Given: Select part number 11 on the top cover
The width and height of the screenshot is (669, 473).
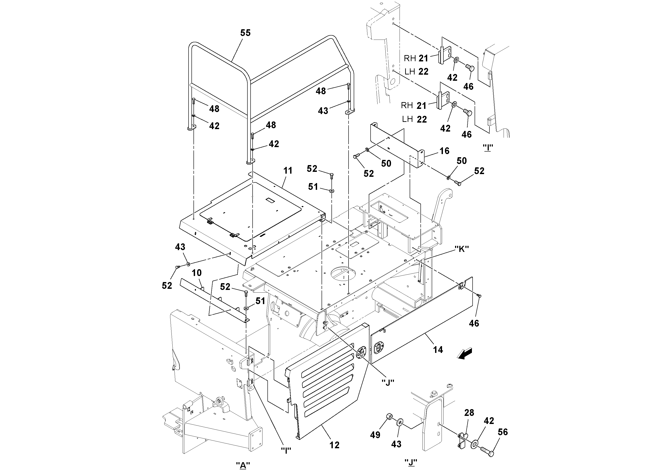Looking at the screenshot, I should (288, 170).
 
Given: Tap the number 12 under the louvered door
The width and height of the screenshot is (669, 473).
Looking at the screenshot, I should (334, 445).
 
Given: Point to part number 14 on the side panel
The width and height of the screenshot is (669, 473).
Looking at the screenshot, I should (438, 350).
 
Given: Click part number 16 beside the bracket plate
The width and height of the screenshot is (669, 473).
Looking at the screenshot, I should (444, 151).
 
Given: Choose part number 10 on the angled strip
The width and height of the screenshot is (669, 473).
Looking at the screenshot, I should (197, 273).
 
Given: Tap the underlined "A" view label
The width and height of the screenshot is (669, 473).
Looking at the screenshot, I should (243, 465).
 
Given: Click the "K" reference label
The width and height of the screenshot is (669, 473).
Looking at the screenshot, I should (462, 249).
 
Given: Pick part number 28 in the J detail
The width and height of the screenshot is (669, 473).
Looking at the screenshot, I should (469, 413).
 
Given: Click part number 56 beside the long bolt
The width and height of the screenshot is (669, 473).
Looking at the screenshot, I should (503, 432).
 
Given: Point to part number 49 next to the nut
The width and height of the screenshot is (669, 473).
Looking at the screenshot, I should (375, 435).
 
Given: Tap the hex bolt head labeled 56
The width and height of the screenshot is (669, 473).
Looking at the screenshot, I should (491, 454).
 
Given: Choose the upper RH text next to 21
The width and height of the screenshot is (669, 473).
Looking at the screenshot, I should (410, 59).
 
